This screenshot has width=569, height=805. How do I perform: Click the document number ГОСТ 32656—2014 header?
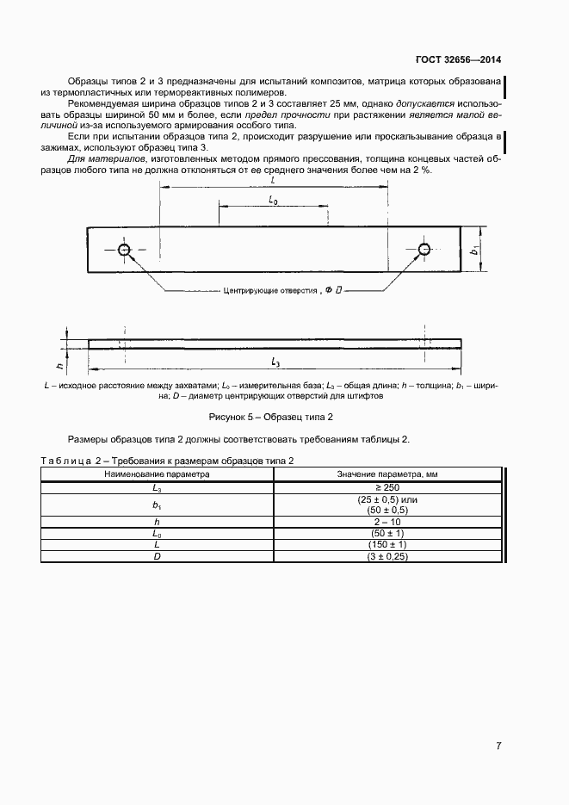click(458, 60)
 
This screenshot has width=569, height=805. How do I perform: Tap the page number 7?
click(498, 746)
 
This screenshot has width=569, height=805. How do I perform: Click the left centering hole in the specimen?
click(125, 250)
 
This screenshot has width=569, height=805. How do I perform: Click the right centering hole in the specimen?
click(424, 250)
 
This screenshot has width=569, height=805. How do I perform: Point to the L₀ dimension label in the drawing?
click(273, 200)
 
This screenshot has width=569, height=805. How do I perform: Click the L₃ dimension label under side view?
click(275, 361)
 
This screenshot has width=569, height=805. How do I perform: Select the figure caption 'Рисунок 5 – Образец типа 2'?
click(271, 417)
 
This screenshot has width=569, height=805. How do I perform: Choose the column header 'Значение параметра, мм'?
click(387, 474)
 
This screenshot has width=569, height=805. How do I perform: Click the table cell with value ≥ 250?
click(387, 486)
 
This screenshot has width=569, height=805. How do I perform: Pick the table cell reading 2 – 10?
click(387, 522)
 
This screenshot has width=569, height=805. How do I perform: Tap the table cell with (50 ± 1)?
click(387, 534)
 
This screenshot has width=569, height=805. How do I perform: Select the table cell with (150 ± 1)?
click(387, 546)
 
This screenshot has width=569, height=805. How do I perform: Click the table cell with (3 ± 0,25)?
click(387, 558)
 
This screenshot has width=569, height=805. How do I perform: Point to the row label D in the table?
click(158, 558)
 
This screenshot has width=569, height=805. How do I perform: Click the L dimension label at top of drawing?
click(273, 182)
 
